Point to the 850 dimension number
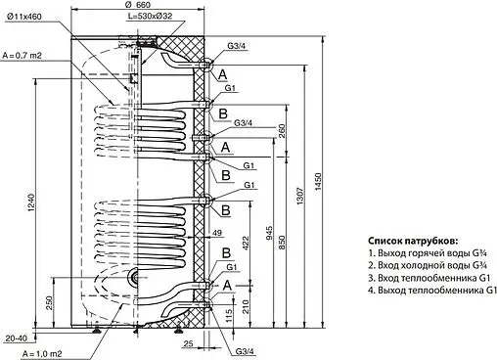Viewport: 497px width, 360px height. (281, 240)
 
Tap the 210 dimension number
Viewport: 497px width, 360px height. (247, 305)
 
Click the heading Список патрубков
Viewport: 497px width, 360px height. (413, 242)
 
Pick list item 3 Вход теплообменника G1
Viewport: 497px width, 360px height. (429, 278)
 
